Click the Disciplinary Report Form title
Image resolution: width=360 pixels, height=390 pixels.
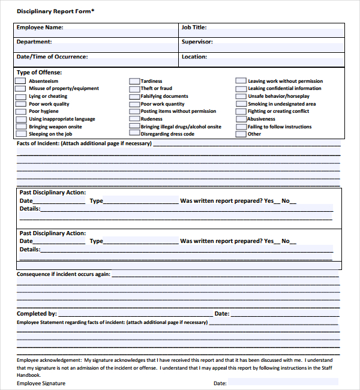(x=55, y=11)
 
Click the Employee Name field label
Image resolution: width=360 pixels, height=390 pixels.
(x=40, y=28)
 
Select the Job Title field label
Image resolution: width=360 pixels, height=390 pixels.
(x=194, y=28)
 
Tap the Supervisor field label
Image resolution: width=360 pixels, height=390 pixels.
(x=197, y=43)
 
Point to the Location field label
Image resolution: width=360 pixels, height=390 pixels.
(x=194, y=57)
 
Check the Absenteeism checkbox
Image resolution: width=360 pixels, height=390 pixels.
(x=21, y=81)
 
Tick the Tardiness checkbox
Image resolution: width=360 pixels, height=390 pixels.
(x=134, y=81)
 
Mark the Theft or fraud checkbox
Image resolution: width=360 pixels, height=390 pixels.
(x=134, y=89)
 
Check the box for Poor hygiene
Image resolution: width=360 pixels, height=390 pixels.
(x=21, y=112)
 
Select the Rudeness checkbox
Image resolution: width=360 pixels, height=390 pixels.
(x=134, y=119)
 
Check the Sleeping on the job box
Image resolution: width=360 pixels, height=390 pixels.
(x=21, y=134)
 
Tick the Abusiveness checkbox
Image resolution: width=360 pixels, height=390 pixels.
(x=241, y=119)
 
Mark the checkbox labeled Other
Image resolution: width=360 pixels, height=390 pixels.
(x=241, y=134)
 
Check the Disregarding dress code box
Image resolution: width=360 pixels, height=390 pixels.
(x=134, y=134)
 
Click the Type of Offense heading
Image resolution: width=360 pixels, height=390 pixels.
(x=40, y=73)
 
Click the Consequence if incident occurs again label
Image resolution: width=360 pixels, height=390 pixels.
(x=63, y=274)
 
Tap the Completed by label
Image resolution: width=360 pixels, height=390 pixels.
(x=37, y=314)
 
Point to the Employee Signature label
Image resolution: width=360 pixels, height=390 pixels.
(x=41, y=383)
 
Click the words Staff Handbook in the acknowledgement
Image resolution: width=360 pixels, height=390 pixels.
(x=324, y=368)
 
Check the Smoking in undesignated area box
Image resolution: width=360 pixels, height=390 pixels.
(x=241, y=104)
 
